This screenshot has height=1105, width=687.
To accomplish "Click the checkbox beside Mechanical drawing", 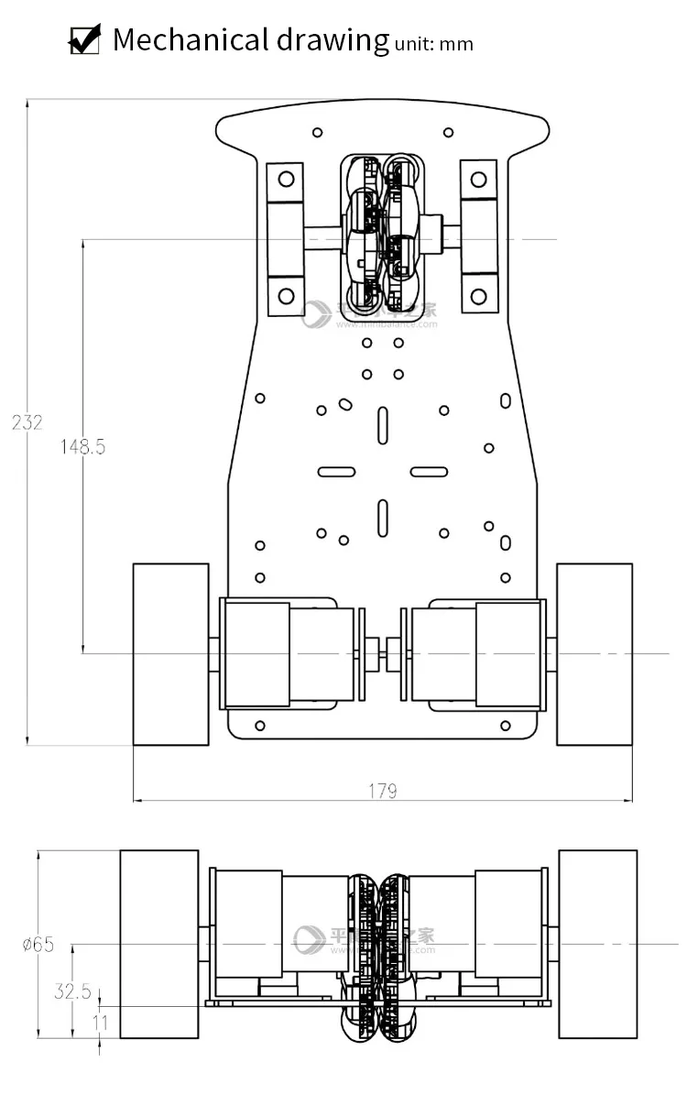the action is click(x=84, y=40).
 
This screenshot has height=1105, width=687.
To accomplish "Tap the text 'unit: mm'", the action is click(x=433, y=43).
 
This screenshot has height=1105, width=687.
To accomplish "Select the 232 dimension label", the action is click(x=27, y=422).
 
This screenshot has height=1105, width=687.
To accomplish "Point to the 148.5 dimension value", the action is click(x=82, y=447).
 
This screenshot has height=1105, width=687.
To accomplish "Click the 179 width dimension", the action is click(x=383, y=790).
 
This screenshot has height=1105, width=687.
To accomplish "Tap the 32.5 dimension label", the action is click(x=72, y=990).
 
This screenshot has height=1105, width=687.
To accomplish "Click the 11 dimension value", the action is click(x=100, y=1022).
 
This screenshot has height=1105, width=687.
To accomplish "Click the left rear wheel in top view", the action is click(x=171, y=653).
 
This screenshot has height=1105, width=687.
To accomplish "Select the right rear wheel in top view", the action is click(x=594, y=653).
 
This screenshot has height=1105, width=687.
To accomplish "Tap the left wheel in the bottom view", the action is click(x=159, y=944).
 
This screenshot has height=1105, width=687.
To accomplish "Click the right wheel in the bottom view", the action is click(x=597, y=944).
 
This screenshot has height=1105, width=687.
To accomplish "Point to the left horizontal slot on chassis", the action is click(x=336, y=472).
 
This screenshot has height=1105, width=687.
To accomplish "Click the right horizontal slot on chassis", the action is click(x=429, y=472).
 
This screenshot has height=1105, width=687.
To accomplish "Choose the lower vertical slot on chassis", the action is click(x=382, y=518).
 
